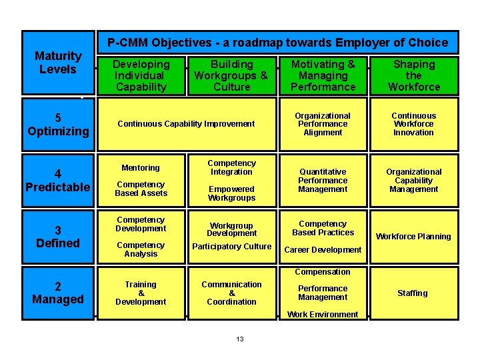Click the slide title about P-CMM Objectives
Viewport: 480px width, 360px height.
[x=278, y=43]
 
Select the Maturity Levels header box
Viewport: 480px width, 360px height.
[x=58, y=63]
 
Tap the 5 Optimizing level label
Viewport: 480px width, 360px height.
[x=58, y=125]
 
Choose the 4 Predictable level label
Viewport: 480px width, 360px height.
[x=58, y=181]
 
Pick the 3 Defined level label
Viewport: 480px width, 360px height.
[x=58, y=237]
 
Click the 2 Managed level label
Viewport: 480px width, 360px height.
[x=58, y=293]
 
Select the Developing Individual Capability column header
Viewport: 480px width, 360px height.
[x=141, y=75]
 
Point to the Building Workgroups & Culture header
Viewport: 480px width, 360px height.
[x=231, y=75]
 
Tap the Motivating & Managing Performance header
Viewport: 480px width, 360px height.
[x=323, y=75]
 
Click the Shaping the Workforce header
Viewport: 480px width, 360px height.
[x=414, y=75]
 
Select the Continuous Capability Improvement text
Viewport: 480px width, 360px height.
[x=186, y=123]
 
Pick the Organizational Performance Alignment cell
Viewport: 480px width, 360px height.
[x=323, y=124]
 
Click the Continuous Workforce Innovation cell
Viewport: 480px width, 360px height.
[x=413, y=124]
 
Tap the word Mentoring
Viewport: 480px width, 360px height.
[x=141, y=168]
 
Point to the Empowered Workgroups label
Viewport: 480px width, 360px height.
[x=231, y=193]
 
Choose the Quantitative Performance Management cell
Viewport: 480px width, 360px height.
[x=323, y=181]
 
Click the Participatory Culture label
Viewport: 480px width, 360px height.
[x=231, y=247]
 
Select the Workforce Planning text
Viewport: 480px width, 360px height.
[x=413, y=237]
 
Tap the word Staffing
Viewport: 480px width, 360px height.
[x=413, y=293]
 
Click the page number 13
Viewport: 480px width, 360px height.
[x=240, y=339]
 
